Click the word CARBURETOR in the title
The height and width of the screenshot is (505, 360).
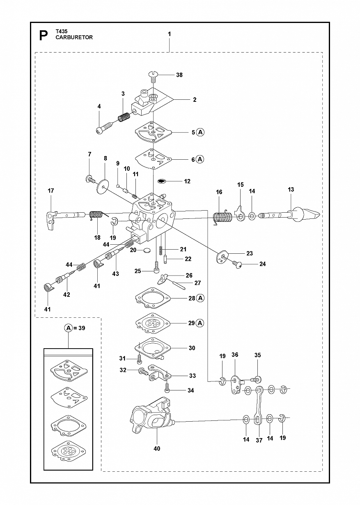click(x=74, y=37)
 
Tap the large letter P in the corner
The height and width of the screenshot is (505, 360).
click(x=44, y=36)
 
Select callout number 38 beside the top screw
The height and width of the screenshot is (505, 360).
click(x=179, y=75)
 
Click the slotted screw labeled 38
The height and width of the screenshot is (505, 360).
click(x=153, y=77)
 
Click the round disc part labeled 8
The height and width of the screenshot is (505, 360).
click(x=102, y=186)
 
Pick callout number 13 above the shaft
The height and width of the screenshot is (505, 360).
click(x=291, y=189)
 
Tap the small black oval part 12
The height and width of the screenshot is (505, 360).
click(x=161, y=181)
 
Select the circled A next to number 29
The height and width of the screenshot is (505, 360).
click(x=200, y=323)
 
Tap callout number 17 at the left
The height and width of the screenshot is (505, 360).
click(x=51, y=191)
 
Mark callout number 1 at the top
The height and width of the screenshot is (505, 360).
click(x=169, y=34)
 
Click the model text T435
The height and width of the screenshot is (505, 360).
click(x=61, y=31)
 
